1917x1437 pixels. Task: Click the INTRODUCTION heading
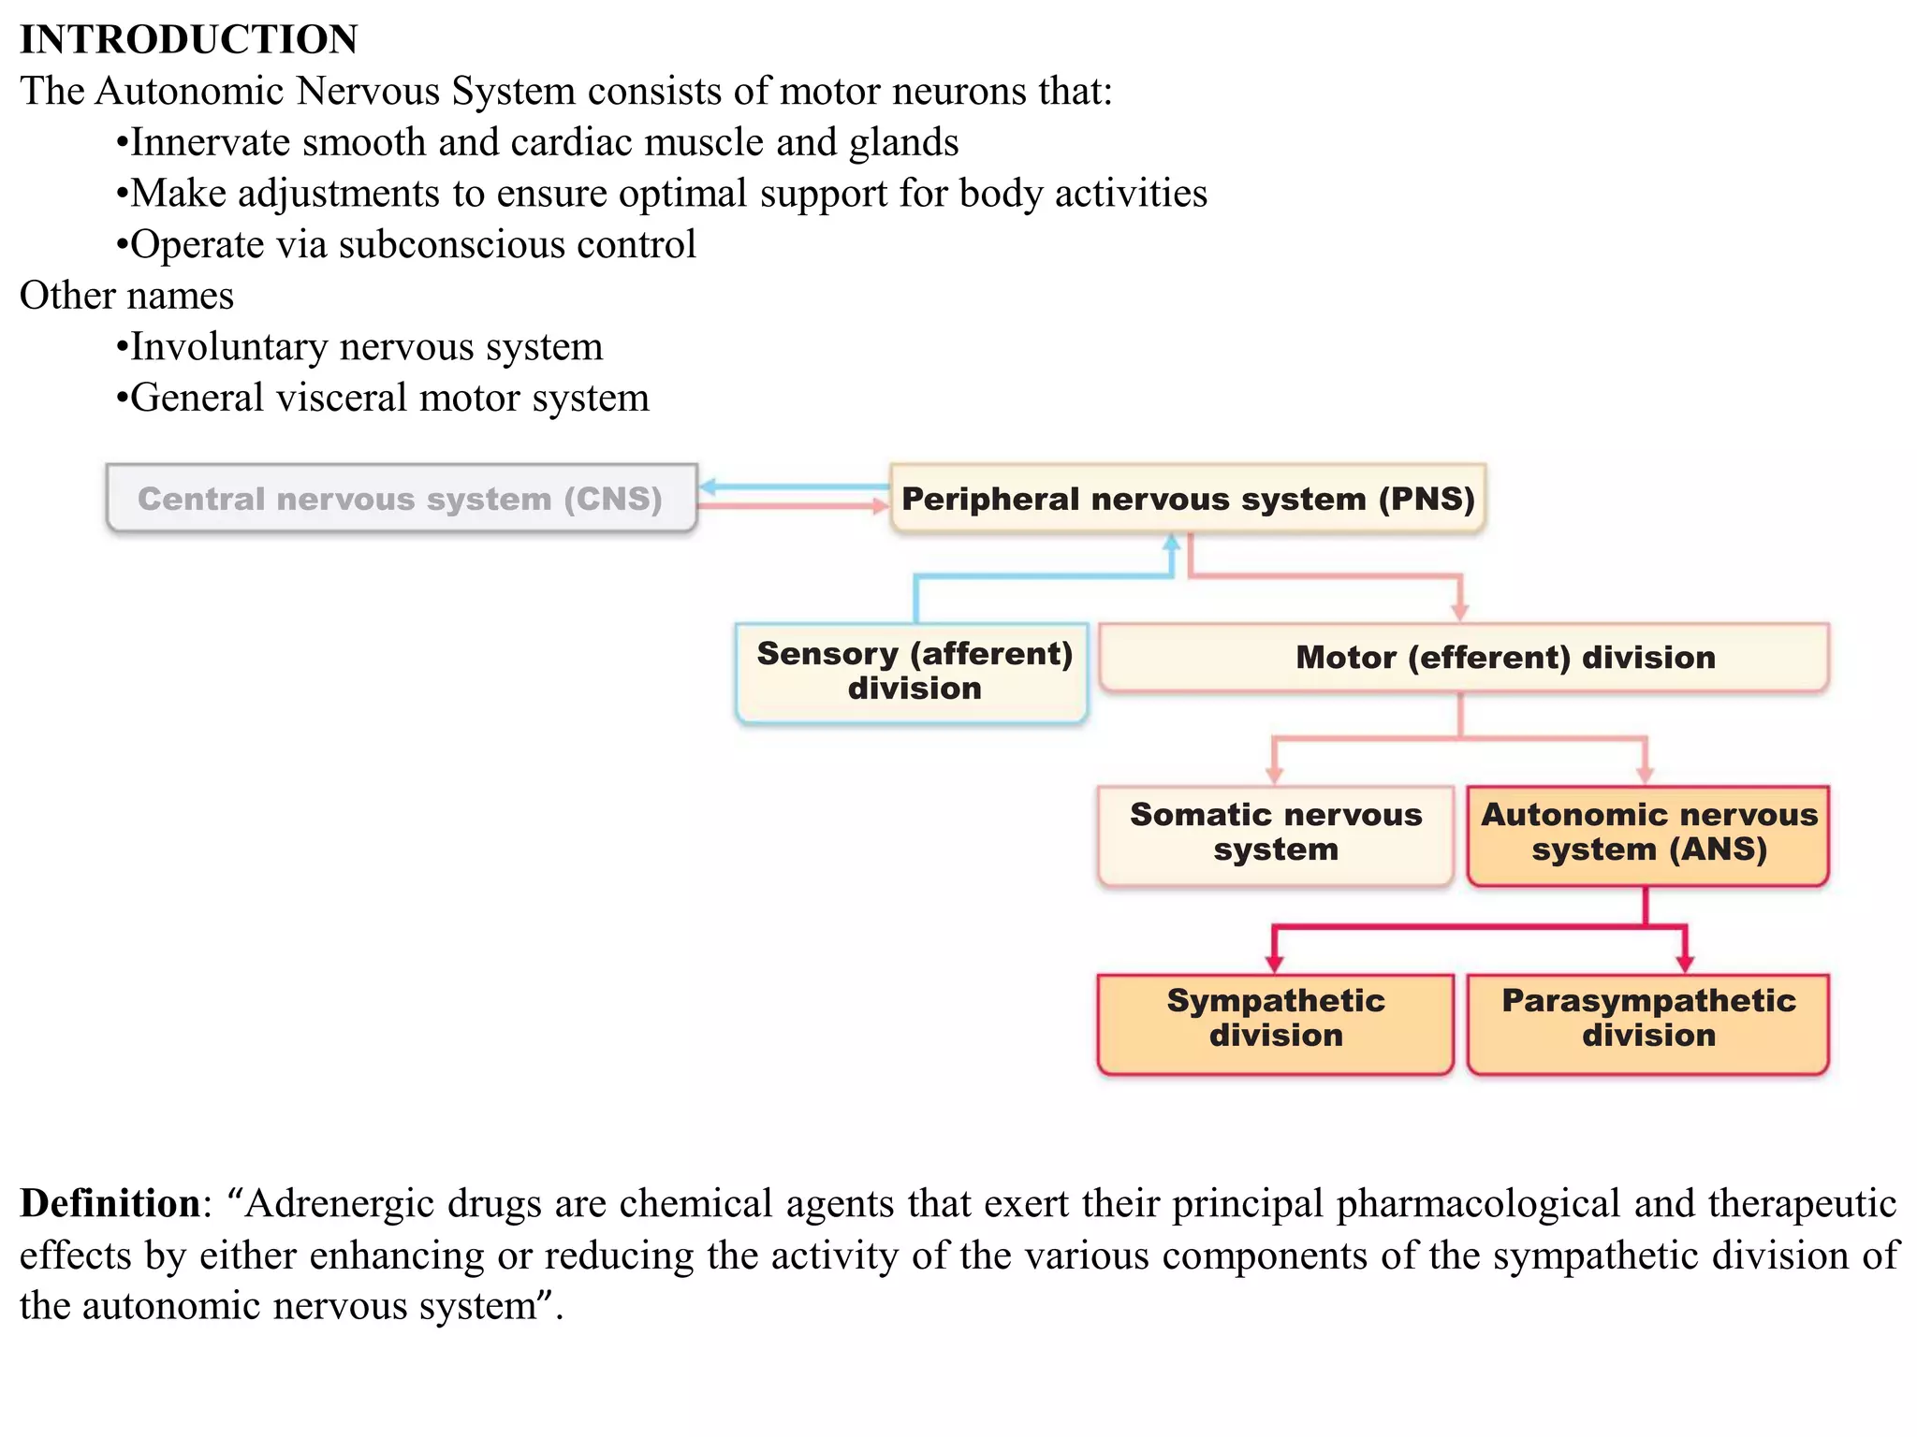[189, 39]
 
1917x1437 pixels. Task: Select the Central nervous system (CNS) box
[401, 499]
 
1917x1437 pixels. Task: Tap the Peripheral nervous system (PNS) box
[1187, 499]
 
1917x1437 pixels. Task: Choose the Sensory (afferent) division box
[913, 672]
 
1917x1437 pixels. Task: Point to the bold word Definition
[110, 1203]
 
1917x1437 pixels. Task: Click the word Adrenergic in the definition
[341, 1203]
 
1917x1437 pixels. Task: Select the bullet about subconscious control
[412, 244]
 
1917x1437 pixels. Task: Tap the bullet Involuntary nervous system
[365, 347]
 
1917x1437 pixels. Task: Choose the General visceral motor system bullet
[388, 399]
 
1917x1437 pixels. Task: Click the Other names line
[126, 296]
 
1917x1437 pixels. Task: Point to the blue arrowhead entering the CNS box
[709, 486]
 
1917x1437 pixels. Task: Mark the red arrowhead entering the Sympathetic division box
[1274, 964]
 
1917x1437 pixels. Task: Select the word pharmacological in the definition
[1478, 1203]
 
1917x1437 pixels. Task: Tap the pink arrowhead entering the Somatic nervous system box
[1274, 775]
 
